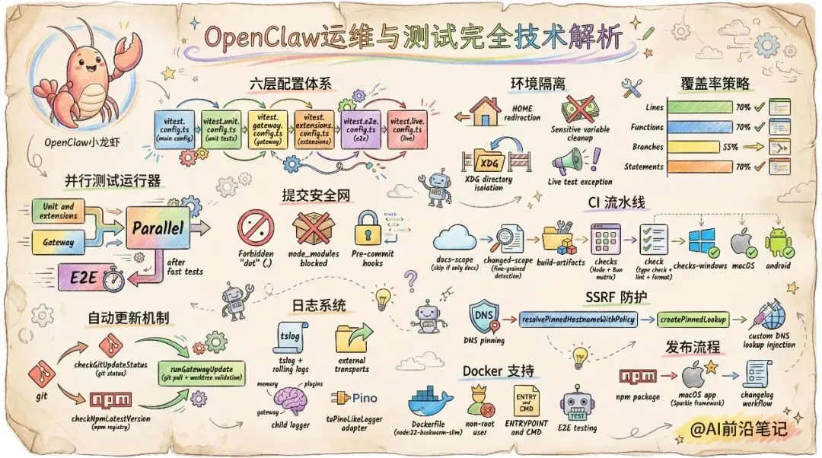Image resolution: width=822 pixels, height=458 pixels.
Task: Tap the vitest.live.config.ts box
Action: pyautogui.click(x=407, y=128)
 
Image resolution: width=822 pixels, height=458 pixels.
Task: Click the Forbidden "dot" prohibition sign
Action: pyautogui.click(x=255, y=229)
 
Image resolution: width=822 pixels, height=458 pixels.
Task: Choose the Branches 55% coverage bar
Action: pyautogui.click(x=689, y=147)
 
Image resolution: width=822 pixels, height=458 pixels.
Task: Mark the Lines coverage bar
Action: pyautogui.click(x=699, y=107)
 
